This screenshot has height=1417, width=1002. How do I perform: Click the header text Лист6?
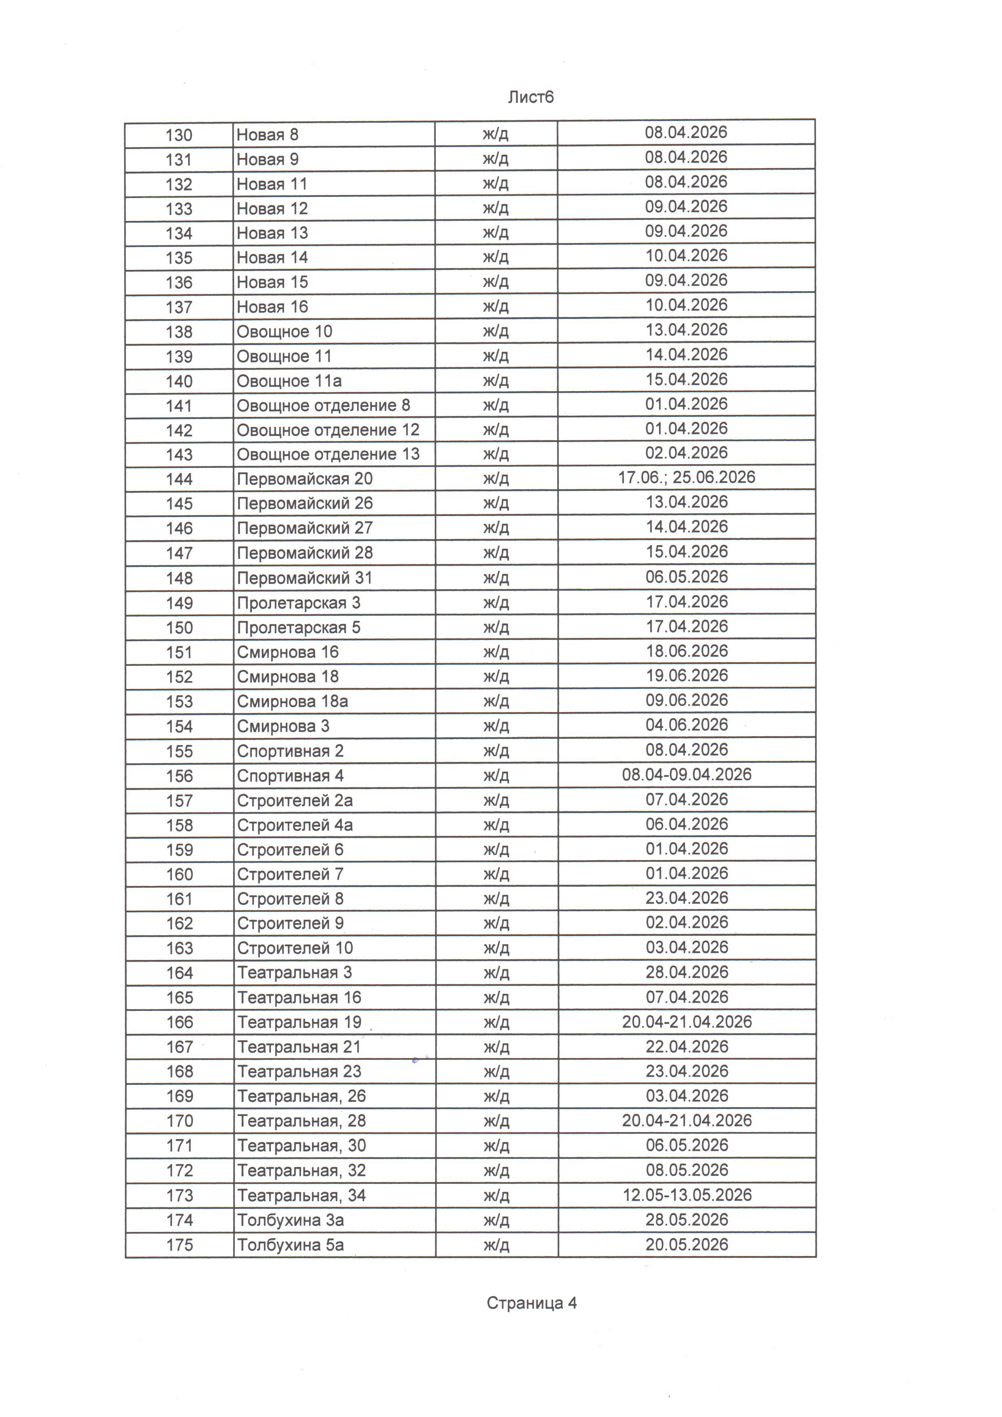(530, 97)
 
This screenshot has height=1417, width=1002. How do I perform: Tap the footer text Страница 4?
(531, 1303)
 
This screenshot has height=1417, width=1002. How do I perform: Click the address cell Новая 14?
(272, 257)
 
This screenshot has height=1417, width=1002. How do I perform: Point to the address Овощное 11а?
(289, 381)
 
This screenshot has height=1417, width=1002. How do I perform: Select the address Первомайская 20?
(305, 479)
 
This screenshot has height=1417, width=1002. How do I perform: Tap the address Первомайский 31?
(305, 578)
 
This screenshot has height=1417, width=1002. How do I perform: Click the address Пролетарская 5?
(299, 627)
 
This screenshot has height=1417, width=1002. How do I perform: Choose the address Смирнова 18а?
(293, 702)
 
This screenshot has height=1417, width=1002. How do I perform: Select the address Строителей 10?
(295, 948)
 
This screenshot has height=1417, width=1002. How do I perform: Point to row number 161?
(179, 899)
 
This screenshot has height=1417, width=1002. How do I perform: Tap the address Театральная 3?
(294, 973)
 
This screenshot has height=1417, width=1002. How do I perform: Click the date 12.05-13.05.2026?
(687, 1195)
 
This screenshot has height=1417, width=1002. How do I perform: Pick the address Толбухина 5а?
(290, 1245)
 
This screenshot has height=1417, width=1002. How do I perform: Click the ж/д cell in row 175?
(496, 1245)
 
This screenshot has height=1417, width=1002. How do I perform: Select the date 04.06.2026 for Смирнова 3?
(687, 725)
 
